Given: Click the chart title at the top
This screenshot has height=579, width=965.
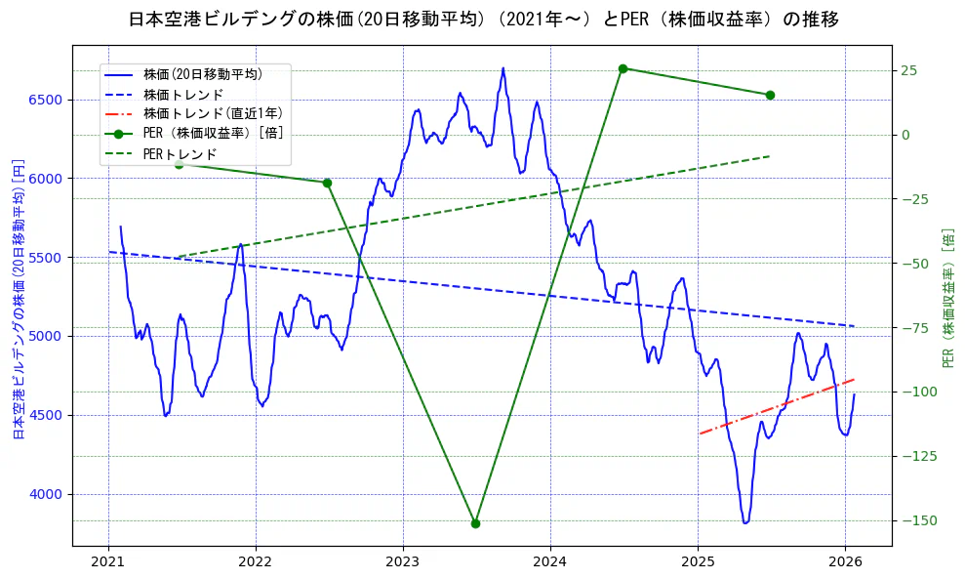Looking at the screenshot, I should click(483, 20).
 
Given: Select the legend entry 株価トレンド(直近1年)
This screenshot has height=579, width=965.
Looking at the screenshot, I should click(213, 113).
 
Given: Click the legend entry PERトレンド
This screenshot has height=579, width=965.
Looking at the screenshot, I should click(180, 154).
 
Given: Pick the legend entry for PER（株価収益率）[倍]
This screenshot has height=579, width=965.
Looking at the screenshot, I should click(214, 134).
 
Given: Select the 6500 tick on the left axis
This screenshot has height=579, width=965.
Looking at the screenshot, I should click(45, 100).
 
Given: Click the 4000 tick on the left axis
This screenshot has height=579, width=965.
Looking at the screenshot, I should click(45, 494).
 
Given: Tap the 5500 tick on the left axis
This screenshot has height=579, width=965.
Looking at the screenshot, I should click(45, 258).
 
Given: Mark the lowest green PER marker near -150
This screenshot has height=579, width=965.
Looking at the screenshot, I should click(475, 523).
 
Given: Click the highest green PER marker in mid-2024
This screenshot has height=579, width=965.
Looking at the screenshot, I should click(623, 68).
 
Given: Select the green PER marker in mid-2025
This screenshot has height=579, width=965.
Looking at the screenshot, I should click(770, 95).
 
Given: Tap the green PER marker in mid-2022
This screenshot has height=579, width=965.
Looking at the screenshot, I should click(327, 183).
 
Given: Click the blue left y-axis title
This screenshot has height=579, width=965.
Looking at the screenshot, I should click(19, 299).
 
